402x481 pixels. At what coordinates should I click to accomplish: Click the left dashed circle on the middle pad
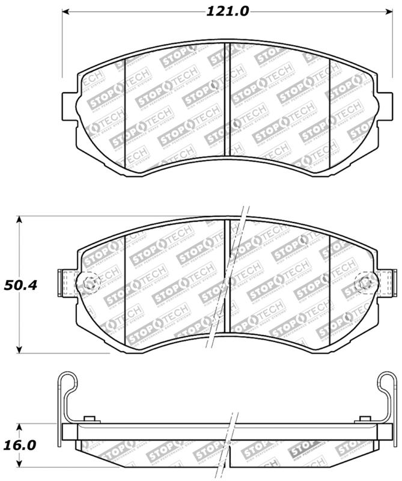90,283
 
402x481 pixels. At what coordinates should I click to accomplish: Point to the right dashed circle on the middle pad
364,283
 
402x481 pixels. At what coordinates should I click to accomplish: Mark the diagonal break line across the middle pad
229,283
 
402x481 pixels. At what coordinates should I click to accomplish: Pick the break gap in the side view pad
229,445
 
